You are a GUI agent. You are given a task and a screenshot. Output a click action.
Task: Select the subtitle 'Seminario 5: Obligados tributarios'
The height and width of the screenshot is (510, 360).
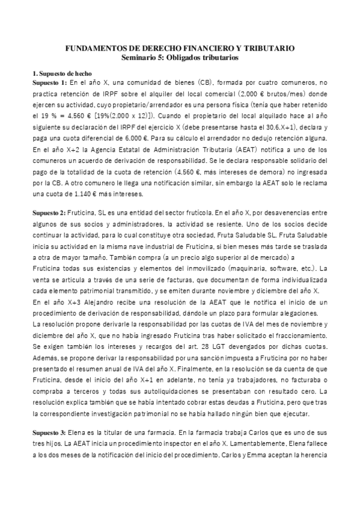[180, 58]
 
